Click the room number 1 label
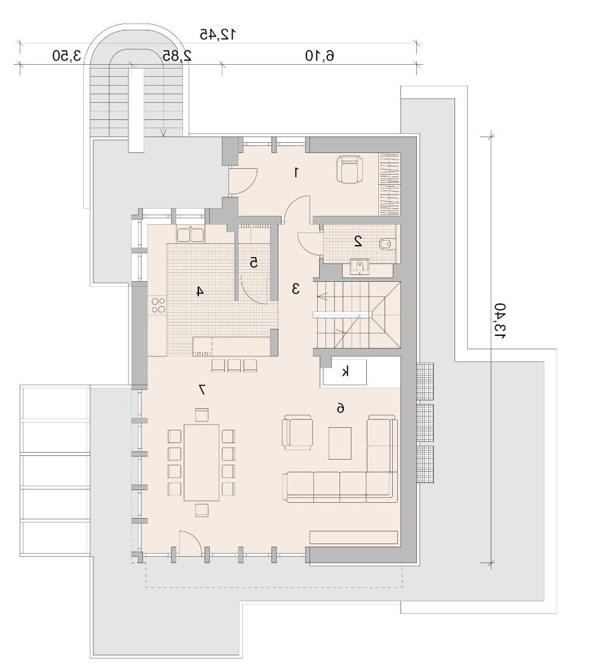tap(296, 173)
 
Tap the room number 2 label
tap(358, 241)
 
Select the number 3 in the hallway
tap(296, 289)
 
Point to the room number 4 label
tap(200, 291)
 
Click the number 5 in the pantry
tap(254, 263)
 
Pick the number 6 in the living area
tap(340, 408)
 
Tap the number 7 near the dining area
tap(202, 389)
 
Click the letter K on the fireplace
tap(345, 372)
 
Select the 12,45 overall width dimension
tap(218, 34)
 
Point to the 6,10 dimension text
tap(319, 56)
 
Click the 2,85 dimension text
tap(177, 56)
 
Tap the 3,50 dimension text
tap(67, 56)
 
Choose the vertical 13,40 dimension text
tap(500, 321)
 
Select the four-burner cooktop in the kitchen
tap(158, 305)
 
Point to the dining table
tap(201, 462)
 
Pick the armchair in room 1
tap(350, 170)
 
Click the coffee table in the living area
tap(340, 443)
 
